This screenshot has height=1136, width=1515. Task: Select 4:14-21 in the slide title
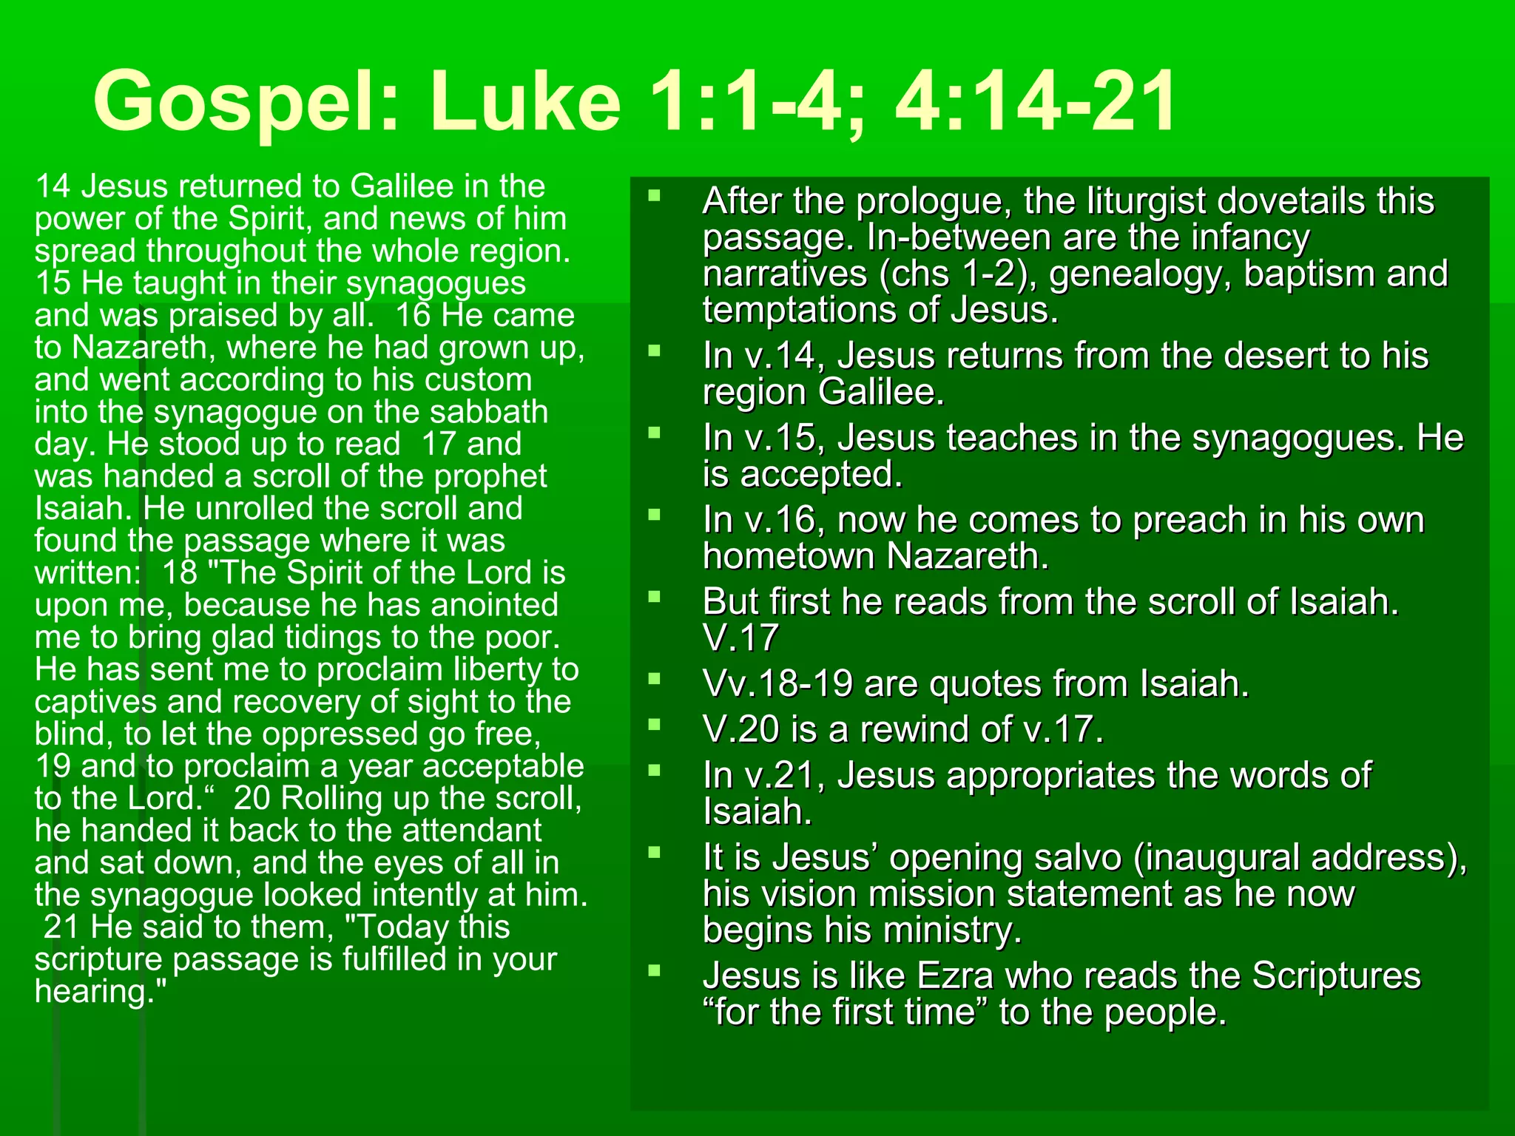(x=1035, y=101)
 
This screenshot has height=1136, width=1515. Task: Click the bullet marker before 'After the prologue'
(x=654, y=196)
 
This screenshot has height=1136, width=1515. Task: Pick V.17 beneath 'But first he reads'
(x=741, y=638)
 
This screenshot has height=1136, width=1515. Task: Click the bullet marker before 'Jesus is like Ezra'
(x=654, y=970)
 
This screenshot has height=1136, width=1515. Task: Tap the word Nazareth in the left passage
(x=144, y=348)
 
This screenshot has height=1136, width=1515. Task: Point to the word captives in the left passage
(x=95, y=702)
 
